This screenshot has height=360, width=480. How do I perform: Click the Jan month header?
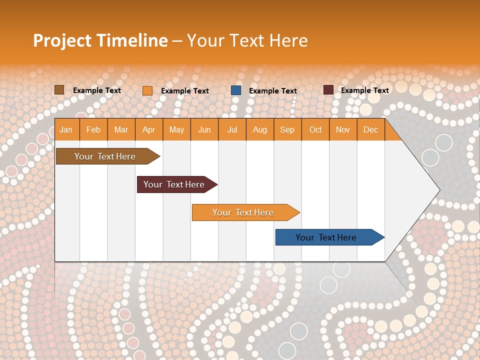coord(66,129)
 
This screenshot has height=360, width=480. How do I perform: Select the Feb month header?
coord(93,129)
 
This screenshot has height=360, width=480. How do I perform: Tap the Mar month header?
coord(121,129)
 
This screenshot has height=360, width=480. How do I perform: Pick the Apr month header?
coord(149,129)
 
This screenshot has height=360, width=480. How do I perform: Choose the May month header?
coord(176,129)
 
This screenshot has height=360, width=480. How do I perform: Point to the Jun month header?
coord(204,129)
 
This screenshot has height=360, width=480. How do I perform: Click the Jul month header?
coord(232,129)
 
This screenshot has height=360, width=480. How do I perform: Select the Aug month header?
coord(259,129)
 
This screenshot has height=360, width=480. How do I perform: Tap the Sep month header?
coord(287,129)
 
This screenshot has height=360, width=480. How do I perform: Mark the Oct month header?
coord(315,129)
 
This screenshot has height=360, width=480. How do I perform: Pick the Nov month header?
coord(343,129)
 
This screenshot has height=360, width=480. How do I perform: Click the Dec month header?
coord(370,129)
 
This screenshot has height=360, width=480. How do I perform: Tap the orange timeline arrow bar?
coord(243,212)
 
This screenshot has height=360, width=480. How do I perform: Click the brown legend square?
coord(59,90)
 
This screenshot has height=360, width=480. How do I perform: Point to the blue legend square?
coord(236,90)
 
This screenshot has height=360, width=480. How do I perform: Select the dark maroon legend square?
coord(328,90)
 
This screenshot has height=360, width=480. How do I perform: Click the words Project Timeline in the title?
coord(100,40)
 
